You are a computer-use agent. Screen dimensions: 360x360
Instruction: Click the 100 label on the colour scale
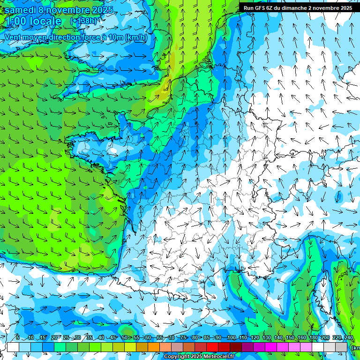pos(231,338)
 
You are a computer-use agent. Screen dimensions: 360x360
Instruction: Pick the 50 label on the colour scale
pos(125,338)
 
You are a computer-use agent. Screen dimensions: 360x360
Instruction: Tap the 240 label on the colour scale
pos(349,338)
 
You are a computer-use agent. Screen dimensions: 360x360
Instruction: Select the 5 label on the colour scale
pos(17,338)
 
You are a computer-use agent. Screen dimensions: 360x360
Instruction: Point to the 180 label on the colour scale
pos(314,338)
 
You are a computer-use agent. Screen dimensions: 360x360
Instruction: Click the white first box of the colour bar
pos(13,347)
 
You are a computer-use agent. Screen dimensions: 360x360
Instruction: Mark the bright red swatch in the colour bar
pos(212,347)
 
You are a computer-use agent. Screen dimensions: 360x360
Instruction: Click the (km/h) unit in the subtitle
pos(136,37)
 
